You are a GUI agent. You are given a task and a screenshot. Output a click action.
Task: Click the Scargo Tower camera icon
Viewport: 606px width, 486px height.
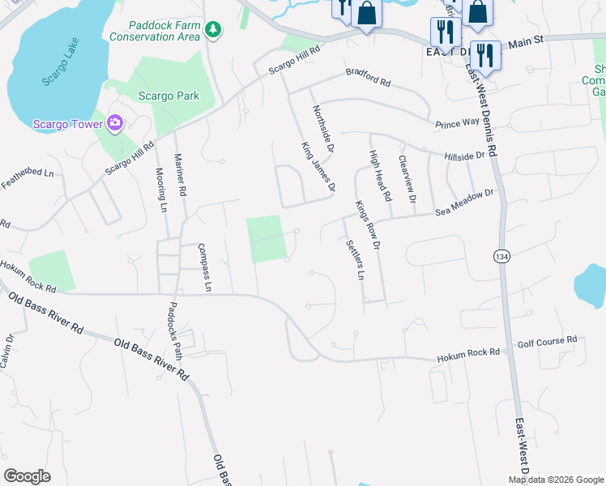[x=115, y=123]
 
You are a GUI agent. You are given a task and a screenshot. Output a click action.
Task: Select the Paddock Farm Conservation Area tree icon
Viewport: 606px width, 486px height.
[x=213, y=30]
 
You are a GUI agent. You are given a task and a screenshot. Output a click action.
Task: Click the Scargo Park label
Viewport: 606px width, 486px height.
[x=169, y=96]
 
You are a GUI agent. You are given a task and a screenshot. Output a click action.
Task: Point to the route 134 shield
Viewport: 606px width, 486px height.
[x=500, y=256]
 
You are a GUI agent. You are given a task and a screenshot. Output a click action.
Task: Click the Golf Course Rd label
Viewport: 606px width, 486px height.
[x=547, y=341]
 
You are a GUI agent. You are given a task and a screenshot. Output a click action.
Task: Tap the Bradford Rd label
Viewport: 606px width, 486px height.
[x=368, y=78]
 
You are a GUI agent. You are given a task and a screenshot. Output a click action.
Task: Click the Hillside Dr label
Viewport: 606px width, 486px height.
[x=463, y=154]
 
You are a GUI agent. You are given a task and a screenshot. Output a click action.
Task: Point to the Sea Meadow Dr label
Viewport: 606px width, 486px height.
[x=463, y=203]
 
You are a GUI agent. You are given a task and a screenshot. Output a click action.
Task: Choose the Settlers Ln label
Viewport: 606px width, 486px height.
[x=353, y=260]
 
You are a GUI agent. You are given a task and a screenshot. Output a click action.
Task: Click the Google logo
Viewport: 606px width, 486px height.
[x=28, y=475]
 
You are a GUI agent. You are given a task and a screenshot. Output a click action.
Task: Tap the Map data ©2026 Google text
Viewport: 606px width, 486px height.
[x=555, y=479]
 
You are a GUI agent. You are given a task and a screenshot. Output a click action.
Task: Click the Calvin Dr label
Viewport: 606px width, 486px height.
[x=7, y=352]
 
